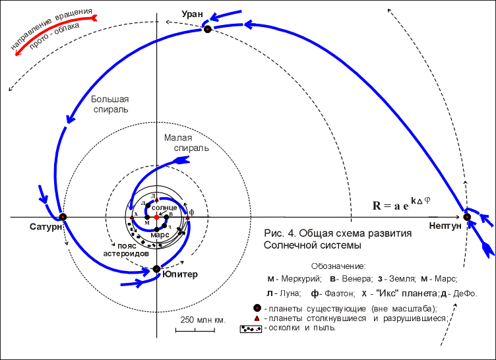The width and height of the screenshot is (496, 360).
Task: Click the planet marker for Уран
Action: (x=207, y=29)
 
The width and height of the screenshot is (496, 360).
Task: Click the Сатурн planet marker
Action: (x=63, y=217)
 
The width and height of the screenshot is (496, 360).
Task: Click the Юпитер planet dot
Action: (x=156, y=268)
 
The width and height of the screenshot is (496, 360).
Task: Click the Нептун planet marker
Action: (x=467, y=217)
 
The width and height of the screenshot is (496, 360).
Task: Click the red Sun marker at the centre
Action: (x=156, y=217)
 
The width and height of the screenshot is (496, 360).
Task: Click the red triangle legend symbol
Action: (x=257, y=318)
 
